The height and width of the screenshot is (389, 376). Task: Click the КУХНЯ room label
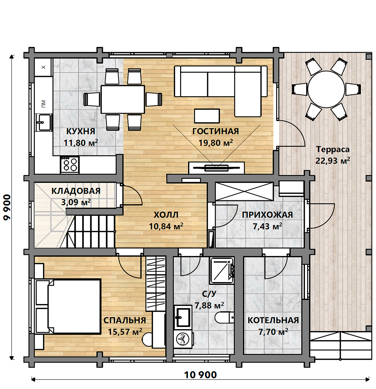[81, 132]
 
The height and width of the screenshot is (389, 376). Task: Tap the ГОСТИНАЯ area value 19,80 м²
[216, 143]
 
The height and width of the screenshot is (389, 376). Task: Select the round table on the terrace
[326, 89]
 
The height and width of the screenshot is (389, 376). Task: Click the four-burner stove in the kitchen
[70, 165]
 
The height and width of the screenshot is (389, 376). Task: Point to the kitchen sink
[43, 122]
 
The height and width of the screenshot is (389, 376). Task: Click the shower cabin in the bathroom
[222, 271]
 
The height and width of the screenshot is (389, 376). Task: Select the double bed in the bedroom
[68, 307]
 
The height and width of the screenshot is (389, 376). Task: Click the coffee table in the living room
[207, 116]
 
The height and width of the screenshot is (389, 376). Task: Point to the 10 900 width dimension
[200, 375]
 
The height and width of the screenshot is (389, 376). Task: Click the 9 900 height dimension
[7, 208]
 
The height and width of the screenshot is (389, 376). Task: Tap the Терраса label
[333, 149]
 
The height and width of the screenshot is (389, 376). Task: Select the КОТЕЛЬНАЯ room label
[273, 320]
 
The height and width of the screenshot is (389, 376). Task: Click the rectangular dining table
[123, 99]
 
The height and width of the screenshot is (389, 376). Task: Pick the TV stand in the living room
[216, 167]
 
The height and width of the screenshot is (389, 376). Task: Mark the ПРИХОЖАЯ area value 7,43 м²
[267, 227]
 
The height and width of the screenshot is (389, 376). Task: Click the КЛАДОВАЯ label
[76, 191]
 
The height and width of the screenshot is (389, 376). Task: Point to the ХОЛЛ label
[166, 215]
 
